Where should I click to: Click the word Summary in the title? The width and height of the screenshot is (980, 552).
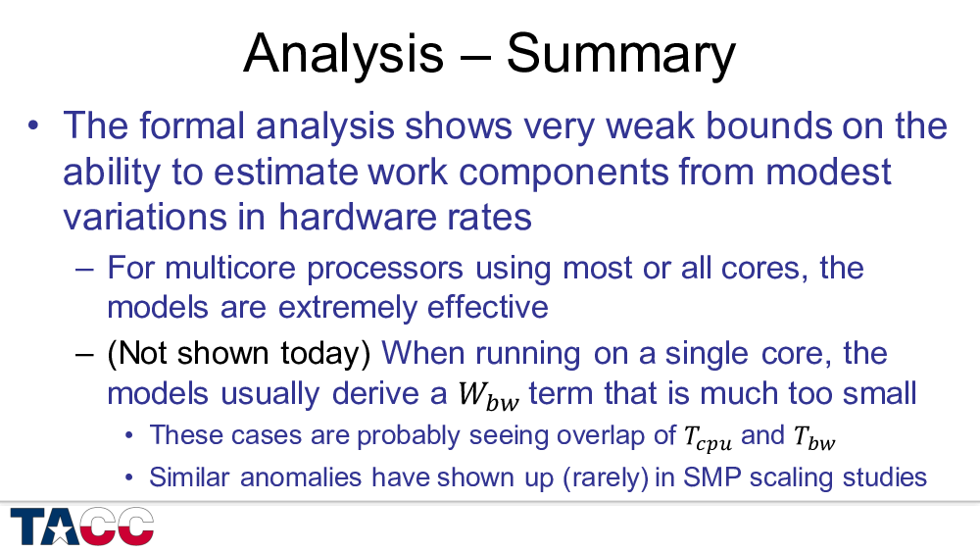point(620,55)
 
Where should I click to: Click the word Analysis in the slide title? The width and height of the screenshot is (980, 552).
point(343,55)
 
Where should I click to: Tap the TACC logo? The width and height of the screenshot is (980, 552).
point(82,527)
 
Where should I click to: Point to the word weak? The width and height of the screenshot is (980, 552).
point(650,125)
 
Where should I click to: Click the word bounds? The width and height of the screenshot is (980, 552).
point(768,125)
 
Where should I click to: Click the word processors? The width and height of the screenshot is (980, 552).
point(384,269)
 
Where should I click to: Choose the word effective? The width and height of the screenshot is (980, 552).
point(487,307)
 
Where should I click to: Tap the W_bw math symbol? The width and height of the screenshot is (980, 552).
point(488,396)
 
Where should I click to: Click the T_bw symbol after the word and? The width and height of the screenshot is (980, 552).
point(813,437)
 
